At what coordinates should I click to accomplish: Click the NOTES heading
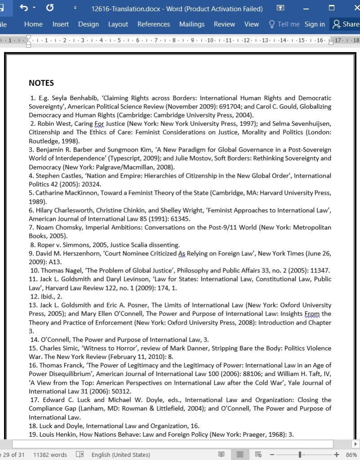pyautogui.click(x=41, y=83)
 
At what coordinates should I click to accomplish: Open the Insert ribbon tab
pyautogui.click(x=60, y=24)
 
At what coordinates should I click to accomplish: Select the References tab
pyautogui.click(x=153, y=24)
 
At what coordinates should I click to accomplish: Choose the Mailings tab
pyautogui.click(x=192, y=24)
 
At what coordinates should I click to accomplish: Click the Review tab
pyautogui.click(x=224, y=24)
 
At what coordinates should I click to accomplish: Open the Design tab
pyautogui.click(x=88, y=24)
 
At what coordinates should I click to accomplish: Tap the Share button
pyautogui.click(x=346, y=24)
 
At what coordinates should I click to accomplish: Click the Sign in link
pyautogui.click(x=315, y=24)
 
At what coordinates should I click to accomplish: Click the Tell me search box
pyautogui.click(x=284, y=24)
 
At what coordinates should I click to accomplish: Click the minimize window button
pyautogui.click(x=306, y=8)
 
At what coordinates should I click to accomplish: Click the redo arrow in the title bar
pyautogui.click(x=50, y=8)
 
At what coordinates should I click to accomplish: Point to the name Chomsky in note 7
pyautogui.click(x=69, y=228)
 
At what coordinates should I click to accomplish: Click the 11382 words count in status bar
pyautogui.click(x=50, y=455)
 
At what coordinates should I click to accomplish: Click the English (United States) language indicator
pyautogui.click(x=121, y=455)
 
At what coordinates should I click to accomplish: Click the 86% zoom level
pyautogui.click(x=351, y=455)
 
